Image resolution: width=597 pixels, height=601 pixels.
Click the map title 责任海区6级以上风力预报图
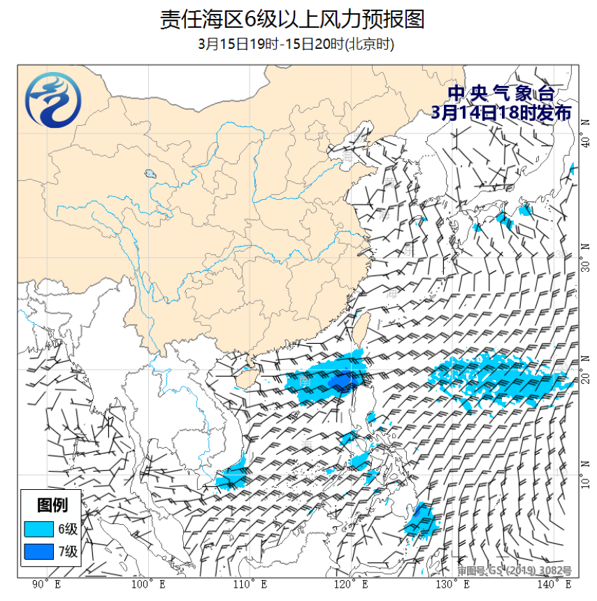(292, 19)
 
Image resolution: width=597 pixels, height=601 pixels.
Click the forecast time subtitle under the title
(296, 44)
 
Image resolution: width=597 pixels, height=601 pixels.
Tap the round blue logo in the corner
(52, 102)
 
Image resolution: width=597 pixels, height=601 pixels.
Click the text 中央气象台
(501, 94)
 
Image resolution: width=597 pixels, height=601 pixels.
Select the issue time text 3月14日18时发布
(501, 113)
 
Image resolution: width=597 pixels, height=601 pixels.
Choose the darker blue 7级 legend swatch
(38, 551)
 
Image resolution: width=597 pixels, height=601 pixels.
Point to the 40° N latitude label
(586, 142)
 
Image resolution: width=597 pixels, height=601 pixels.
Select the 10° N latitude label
(586, 481)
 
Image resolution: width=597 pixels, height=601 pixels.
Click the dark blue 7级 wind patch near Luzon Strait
(343, 380)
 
